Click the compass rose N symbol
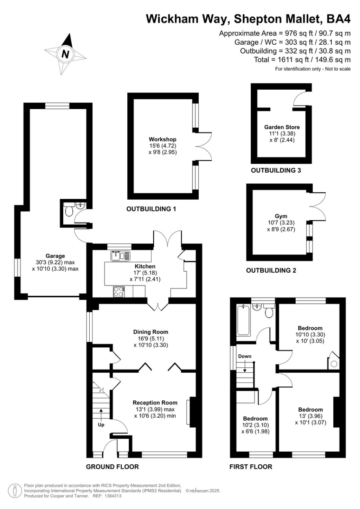click(x=65, y=54)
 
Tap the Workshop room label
click(x=162, y=140)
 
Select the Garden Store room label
click(x=282, y=127)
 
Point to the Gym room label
click(x=281, y=216)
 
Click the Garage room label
click(x=55, y=256)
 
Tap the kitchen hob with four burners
click(x=119, y=291)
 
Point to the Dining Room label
click(x=150, y=332)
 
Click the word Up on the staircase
click(x=101, y=425)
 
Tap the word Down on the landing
click(x=245, y=356)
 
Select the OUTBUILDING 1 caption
click(x=151, y=209)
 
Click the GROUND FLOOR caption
click(x=112, y=467)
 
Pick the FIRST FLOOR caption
click(x=251, y=467)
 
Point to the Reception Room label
click(x=155, y=403)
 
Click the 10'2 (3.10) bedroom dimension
click(x=255, y=425)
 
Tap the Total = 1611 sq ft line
click(x=302, y=60)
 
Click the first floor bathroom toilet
click(x=269, y=312)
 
